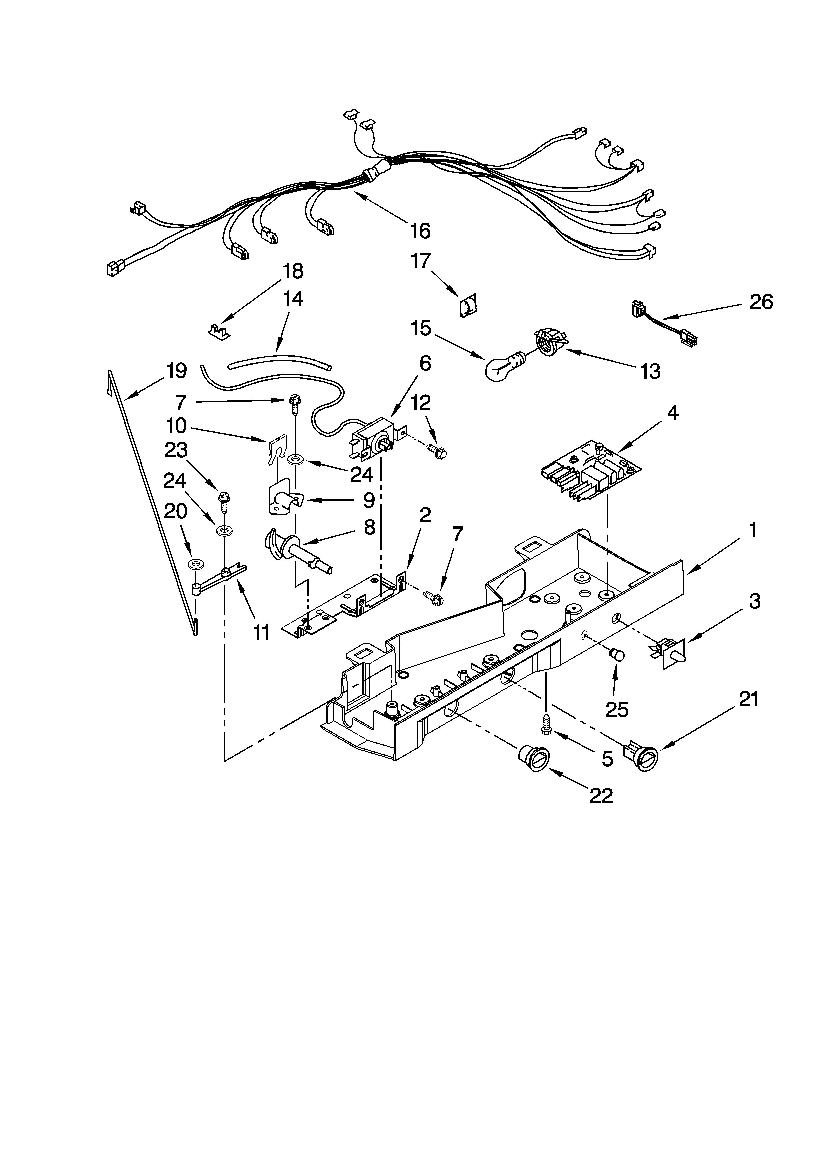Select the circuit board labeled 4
pos(590,468)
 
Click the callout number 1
pos(752,531)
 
